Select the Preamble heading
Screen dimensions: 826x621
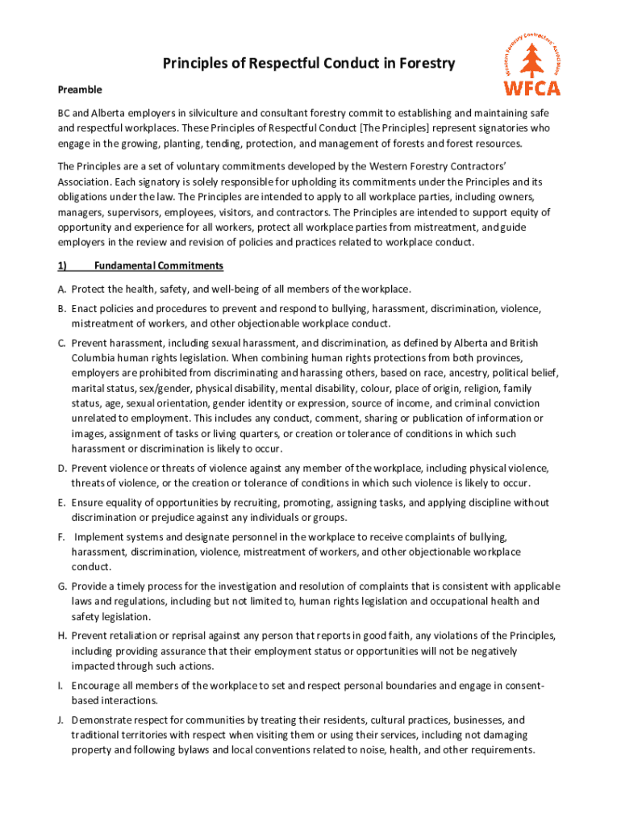79,90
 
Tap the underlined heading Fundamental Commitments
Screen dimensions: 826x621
158,265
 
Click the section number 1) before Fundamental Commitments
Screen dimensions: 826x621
62,265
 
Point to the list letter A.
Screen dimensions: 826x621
61,289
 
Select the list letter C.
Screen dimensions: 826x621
61,343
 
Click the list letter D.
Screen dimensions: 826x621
61,468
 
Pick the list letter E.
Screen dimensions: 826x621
61,503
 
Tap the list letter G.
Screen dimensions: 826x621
61,586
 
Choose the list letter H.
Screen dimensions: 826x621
61,636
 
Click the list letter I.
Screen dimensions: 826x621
61,686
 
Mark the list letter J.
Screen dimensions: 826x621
61,720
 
